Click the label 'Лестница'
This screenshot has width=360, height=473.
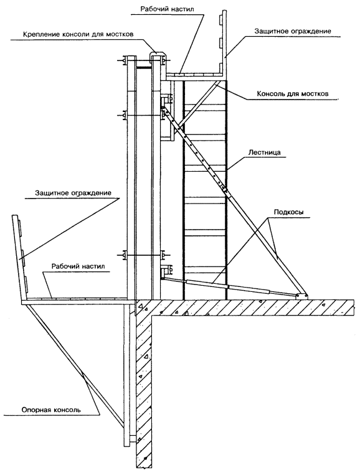(x=264, y=152)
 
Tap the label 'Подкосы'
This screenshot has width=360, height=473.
(x=289, y=212)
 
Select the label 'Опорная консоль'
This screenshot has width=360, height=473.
(x=51, y=410)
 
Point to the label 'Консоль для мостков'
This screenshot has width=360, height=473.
(x=292, y=94)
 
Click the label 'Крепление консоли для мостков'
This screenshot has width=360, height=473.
(x=78, y=34)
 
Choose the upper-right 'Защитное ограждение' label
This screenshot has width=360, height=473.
(x=293, y=31)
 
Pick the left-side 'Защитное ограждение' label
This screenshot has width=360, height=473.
(x=73, y=193)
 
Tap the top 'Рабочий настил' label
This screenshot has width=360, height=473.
(x=171, y=9)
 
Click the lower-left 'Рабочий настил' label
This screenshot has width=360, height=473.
(x=78, y=266)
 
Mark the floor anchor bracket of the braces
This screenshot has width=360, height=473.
(x=302, y=296)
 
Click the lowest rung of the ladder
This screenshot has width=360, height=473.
(x=204, y=266)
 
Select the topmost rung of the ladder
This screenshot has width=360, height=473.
(x=204, y=105)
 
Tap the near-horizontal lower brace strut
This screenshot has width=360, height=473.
(x=229, y=286)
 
